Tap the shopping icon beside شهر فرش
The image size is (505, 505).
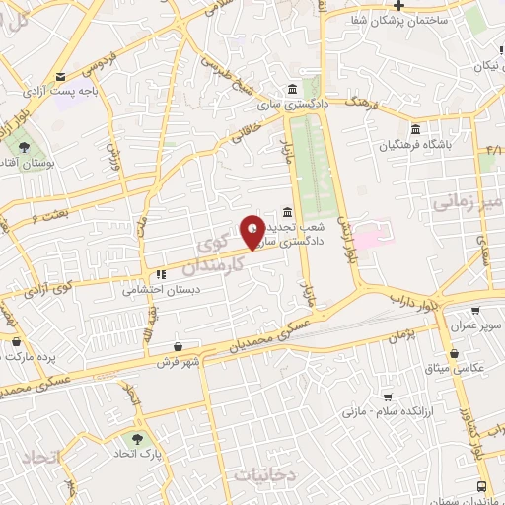point(178,347)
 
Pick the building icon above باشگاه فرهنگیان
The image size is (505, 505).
point(414,129)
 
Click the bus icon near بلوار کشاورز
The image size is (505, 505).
point(481,486)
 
